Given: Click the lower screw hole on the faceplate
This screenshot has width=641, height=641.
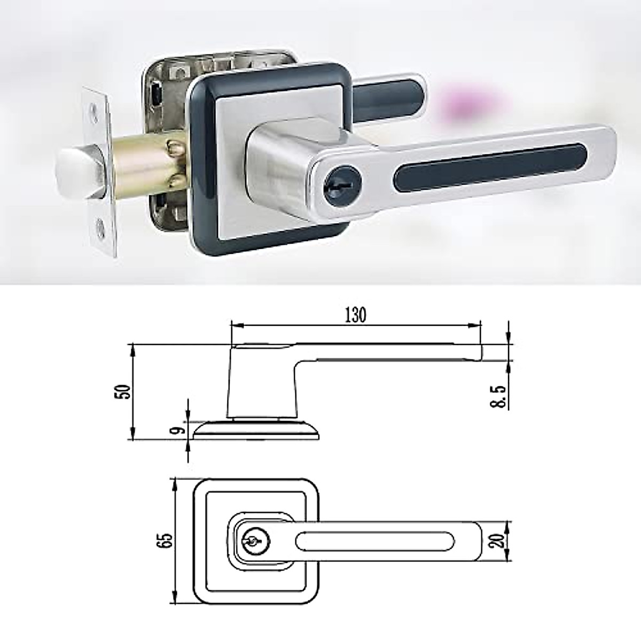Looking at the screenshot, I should tap(101, 228).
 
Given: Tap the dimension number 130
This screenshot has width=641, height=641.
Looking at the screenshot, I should tap(355, 315).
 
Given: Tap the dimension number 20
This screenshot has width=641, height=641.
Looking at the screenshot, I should tap(499, 541).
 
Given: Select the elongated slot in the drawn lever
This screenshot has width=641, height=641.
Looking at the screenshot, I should tap(374, 541).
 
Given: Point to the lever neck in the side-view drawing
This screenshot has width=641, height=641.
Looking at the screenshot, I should tap(262, 385).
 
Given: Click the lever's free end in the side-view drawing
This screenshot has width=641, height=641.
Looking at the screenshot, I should tap(478, 353).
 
